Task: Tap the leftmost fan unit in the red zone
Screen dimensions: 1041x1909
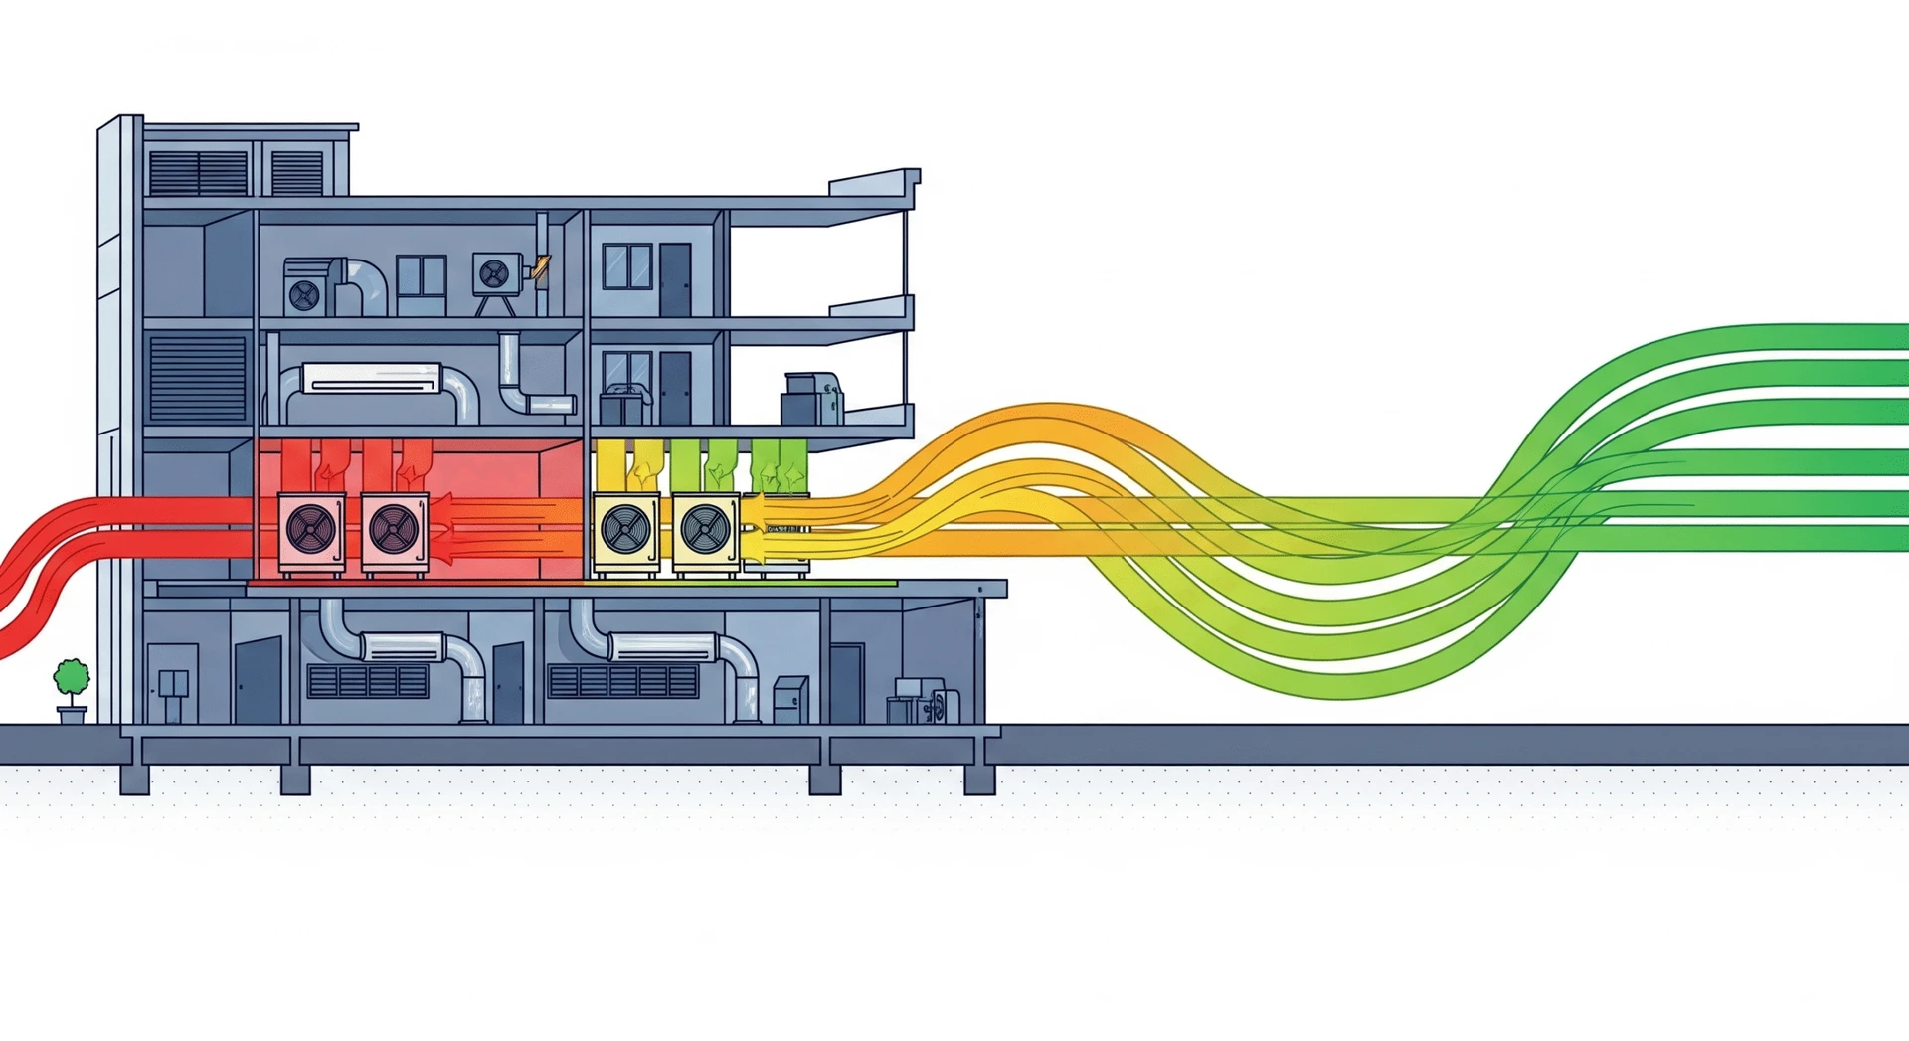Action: pos(311,531)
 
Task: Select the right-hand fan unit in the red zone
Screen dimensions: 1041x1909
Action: pos(395,531)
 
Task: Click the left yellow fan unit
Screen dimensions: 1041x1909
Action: pos(625,531)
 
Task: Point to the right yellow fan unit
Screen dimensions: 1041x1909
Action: pos(706,531)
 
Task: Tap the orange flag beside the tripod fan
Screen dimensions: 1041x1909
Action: pos(540,266)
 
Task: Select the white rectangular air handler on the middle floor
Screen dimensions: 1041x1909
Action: pos(372,378)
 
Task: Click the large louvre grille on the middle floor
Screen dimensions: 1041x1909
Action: pos(197,379)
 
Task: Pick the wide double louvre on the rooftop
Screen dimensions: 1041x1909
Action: pos(198,173)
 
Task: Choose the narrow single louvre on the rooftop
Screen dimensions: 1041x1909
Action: pos(297,173)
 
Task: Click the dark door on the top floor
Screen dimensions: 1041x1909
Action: pos(675,279)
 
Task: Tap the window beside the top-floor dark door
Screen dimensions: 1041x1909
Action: pos(627,266)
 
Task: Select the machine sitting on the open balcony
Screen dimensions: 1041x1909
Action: pos(811,399)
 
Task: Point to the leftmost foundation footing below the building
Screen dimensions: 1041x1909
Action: pos(134,779)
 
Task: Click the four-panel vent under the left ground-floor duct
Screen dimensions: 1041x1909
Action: pos(368,681)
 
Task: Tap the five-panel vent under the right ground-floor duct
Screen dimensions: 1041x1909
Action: pos(623,681)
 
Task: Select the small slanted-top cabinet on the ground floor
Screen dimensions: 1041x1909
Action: pos(790,699)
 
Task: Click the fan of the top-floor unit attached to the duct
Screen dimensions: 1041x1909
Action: pos(304,294)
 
